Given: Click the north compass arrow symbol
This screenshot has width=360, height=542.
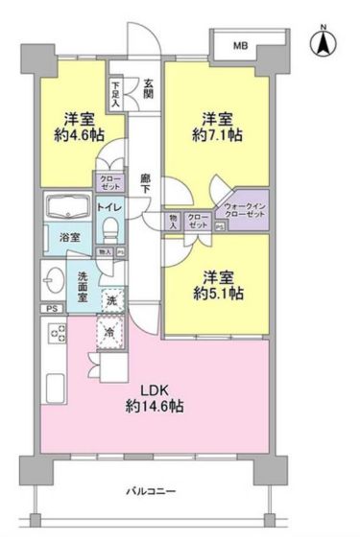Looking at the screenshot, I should pos(324,43).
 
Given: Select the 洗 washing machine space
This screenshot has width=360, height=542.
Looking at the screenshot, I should pos(111,300).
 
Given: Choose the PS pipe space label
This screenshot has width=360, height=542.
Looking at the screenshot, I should pos(49,309).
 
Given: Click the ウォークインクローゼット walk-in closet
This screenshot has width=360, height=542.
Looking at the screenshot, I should pos(245,213).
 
